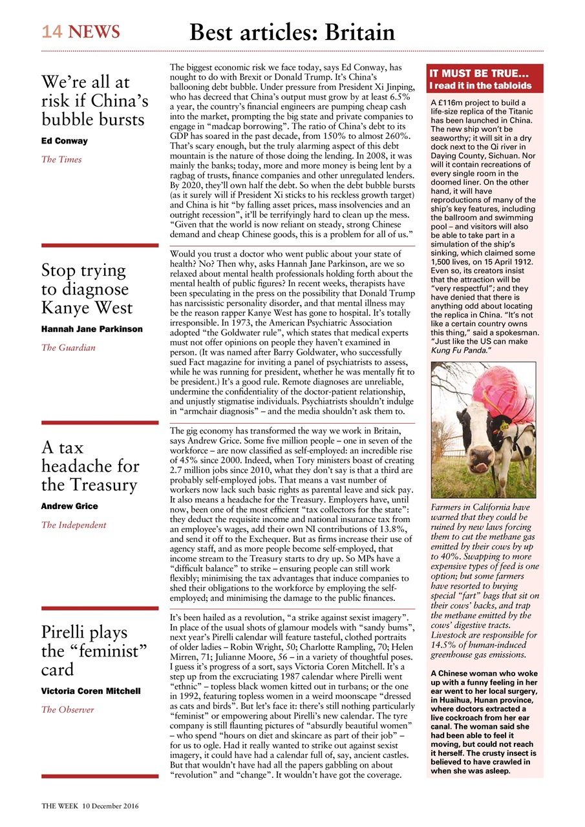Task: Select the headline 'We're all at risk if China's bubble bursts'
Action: [94, 101]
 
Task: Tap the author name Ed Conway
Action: [65, 141]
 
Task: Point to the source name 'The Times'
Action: [61, 160]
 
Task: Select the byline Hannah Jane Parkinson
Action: [92, 329]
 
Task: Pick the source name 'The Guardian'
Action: [68, 348]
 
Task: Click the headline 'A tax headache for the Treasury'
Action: [90, 466]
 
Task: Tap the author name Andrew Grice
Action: [69, 506]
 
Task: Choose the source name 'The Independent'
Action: [73, 525]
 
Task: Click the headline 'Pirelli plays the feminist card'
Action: [85, 650]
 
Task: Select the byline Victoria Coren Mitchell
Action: [90, 691]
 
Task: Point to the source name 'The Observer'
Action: [67, 709]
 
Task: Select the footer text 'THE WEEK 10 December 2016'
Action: [90, 806]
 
